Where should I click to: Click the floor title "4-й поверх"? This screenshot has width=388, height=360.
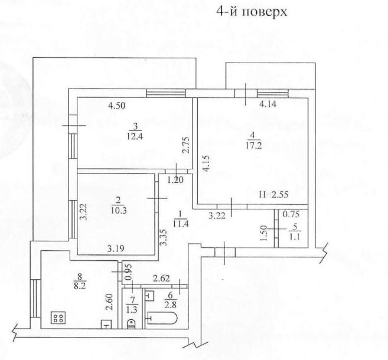pyautogui.click(x=252, y=12)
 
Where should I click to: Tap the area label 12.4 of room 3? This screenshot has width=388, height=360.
pyautogui.click(x=135, y=136)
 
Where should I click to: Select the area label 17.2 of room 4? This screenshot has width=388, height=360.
pyautogui.click(x=253, y=146)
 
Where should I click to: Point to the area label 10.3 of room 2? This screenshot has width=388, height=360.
pyautogui.click(x=119, y=211)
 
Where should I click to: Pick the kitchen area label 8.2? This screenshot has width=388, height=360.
pyautogui.click(x=80, y=286)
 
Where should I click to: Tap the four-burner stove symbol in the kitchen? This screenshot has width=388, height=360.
pyautogui.click(x=58, y=318)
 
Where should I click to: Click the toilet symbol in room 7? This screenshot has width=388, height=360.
pyautogui.click(x=131, y=324)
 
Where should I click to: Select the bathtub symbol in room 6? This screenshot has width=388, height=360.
pyautogui.click(x=162, y=318)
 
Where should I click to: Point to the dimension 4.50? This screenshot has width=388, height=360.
pyautogui.click(x=117, y=106)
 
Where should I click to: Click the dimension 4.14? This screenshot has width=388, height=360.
pyautogui.click(x=268, y=104)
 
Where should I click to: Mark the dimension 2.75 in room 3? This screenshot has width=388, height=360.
pyautogui.click(x=187, y=146)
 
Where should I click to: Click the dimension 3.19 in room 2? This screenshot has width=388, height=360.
pyautogui.click(x=116, y=248)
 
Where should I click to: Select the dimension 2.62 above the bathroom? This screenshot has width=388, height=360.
pyautogui.click(x=162, y=279)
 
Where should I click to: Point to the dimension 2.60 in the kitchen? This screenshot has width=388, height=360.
pyautogui.click(x=109, y=302)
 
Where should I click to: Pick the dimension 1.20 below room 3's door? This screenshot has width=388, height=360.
pyautogui.click(x=175, y=180)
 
